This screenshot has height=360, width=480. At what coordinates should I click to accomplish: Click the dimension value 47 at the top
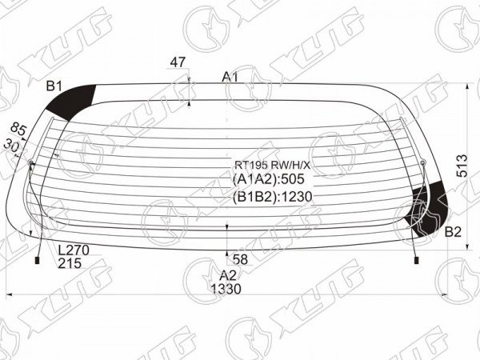178,62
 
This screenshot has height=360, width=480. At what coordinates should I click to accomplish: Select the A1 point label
230,77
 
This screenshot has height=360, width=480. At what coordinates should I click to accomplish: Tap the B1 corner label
54,86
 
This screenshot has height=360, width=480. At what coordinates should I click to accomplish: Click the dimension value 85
18,130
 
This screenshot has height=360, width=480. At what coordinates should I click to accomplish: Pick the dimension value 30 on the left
11,145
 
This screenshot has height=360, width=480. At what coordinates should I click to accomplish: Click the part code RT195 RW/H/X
272,166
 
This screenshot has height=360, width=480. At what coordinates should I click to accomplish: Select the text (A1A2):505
269,179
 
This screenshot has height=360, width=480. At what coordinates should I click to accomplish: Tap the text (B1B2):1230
272,197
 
